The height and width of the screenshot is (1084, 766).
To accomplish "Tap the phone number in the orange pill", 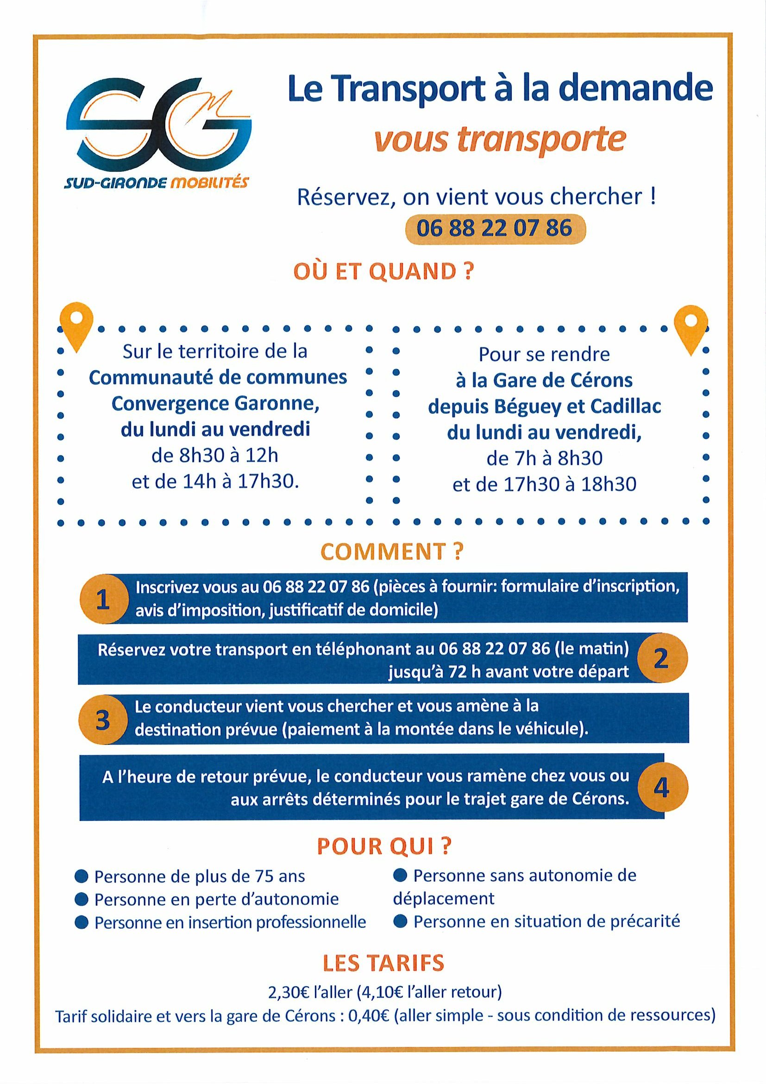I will tap(494, 229).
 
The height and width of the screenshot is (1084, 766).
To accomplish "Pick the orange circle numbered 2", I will tap(661, 658).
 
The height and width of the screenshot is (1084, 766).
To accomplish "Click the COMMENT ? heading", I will tap(392, 552).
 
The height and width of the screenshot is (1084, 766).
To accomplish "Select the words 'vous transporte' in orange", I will tap(500, 140).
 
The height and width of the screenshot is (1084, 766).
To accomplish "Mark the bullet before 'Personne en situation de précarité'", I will tap(401, 921).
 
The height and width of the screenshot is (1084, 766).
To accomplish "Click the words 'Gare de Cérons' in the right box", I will tap(562, 380).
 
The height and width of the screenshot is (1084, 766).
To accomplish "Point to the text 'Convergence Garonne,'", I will tap(215, 403).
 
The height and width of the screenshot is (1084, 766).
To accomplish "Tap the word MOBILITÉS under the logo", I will tap(208, 182).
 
